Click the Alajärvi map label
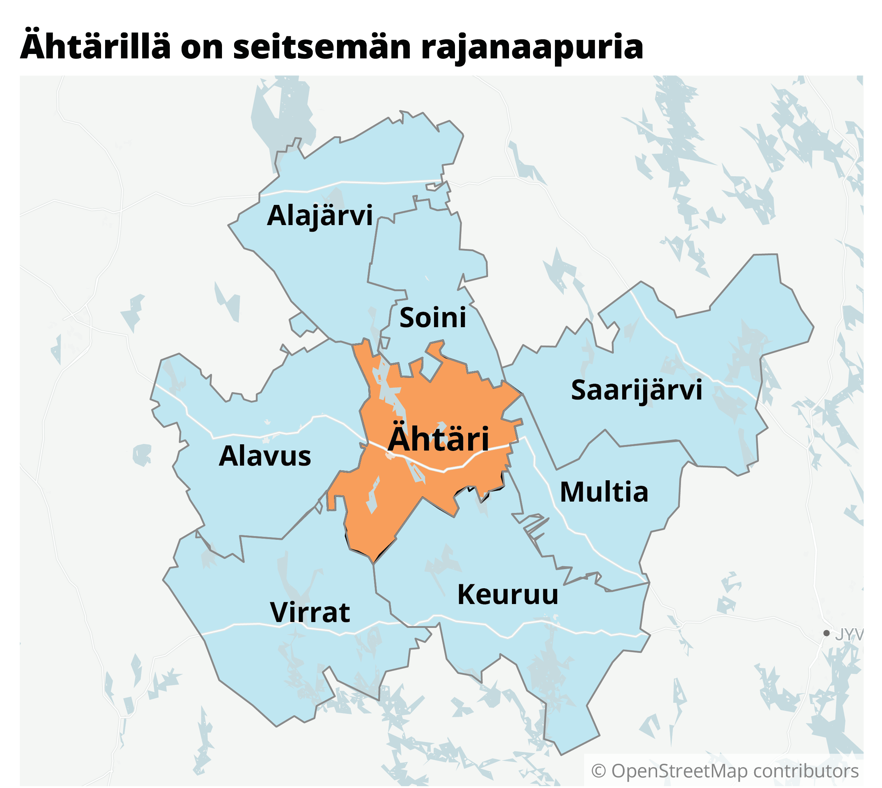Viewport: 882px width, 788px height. (319, 216)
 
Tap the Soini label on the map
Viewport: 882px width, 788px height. (432, 317)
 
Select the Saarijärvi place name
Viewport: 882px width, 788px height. (636, 390)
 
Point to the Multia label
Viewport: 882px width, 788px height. (604, 492)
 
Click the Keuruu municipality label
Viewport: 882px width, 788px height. (508, 595)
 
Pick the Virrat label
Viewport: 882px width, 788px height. (309, 612)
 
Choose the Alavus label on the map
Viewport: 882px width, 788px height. (265, 456)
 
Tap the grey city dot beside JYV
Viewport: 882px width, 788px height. (827, 633)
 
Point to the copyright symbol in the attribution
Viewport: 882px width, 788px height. (598, 771)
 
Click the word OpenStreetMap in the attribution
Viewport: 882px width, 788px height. (679, 771)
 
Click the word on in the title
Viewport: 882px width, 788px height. (201, 47)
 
